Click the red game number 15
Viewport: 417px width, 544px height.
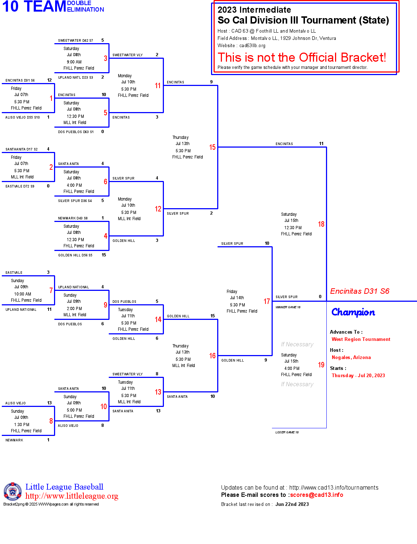point(212,147)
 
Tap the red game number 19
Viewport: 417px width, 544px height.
point(321,365)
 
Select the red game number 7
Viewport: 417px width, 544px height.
point(51,290)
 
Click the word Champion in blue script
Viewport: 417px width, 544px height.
point(353,312)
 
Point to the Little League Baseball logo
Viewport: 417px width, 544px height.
point(13,492)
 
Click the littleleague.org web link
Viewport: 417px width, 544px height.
point(72,496)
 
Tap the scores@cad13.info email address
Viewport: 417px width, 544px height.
point(317,495)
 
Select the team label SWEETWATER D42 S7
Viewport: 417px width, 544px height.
point(75,41)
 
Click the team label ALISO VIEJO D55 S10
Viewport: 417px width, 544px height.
point(22,118)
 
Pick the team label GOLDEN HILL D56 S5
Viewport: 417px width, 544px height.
point(75,255)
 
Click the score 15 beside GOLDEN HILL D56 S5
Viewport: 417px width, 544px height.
point(104,255)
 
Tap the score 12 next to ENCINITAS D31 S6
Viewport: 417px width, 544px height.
point(49,80)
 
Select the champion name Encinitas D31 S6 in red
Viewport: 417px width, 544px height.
point(359,291)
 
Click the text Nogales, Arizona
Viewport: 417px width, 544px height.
point(351,358)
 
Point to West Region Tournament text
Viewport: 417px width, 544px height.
point(361,339)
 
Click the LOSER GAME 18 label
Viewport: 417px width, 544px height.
point(287,432)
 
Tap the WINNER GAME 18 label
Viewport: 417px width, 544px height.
point(288,307)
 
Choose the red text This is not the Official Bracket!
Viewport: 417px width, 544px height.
point(302,58)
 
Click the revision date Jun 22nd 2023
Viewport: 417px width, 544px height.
point(292,504)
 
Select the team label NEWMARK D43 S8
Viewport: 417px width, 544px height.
point(73,218)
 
